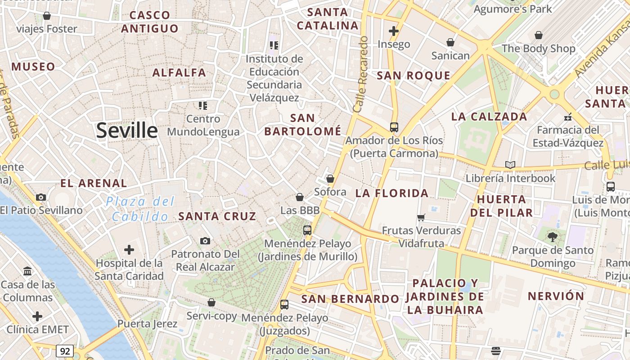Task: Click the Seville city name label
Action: pyautogui.click(x=127, y=130)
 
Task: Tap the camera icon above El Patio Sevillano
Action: pyautogui.click(x=41, y=197)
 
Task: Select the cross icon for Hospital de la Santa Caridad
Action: pyautogui.click(x=129, y=250)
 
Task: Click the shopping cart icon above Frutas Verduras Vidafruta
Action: pyautogui.click(x=421, y=218)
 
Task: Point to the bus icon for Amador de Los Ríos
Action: pyautogui.click(x=394, y=127)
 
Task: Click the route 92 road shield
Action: pyautogui.click(x=65, y=351)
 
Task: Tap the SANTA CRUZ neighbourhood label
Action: pyautogui.click(x=217, y=216)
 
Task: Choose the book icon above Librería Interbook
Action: pyautogui.click(x=510, y=165)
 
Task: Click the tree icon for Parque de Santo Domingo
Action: pyautogui.click(x=553, y=237)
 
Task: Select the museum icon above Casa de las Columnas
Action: pyautogui.click(x=27, y=271)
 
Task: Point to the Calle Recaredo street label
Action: pyautogui.click(x=361, y=74)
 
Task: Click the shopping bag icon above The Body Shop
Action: pyautogui.click(x=539, y=35)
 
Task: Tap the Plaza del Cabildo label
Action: pyautogui.click(x=140, y=209)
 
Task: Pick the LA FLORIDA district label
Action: pyautogui.click(x=392, y=193)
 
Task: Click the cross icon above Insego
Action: pyautogui.click(x=394, y=31)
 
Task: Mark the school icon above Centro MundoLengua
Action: pyautogui.click(x=203, y=106)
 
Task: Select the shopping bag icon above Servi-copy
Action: pyautogui.click(x=211, y=302)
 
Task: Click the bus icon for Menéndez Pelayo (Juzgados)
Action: pyautogui.click(x=284, y=305)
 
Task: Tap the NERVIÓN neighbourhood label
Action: pyautogui.click(x=556, y=297)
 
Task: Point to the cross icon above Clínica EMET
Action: pyautogui.click(x=37, y=316)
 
